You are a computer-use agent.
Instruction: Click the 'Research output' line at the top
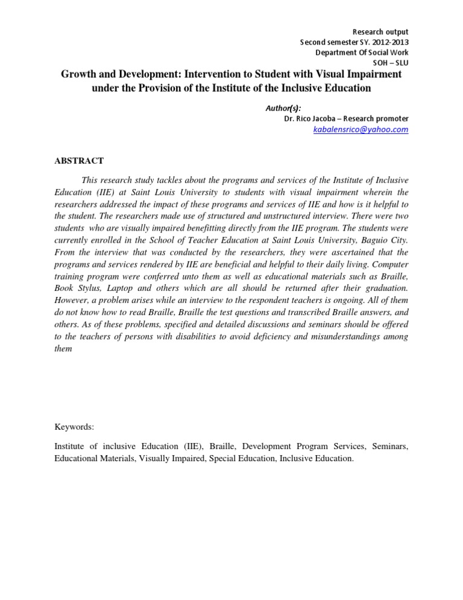pyautogui.click(x=380, y=32)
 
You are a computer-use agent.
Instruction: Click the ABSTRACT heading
pyautogui.click(x=79, y=161)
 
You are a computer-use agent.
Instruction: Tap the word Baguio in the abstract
pyautogui.click(x=374, y=240)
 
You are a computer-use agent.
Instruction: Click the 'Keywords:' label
pyautogui.click(x=74, y=427)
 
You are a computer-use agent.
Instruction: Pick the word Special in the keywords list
pyautogui.click(x=236, y=459)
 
